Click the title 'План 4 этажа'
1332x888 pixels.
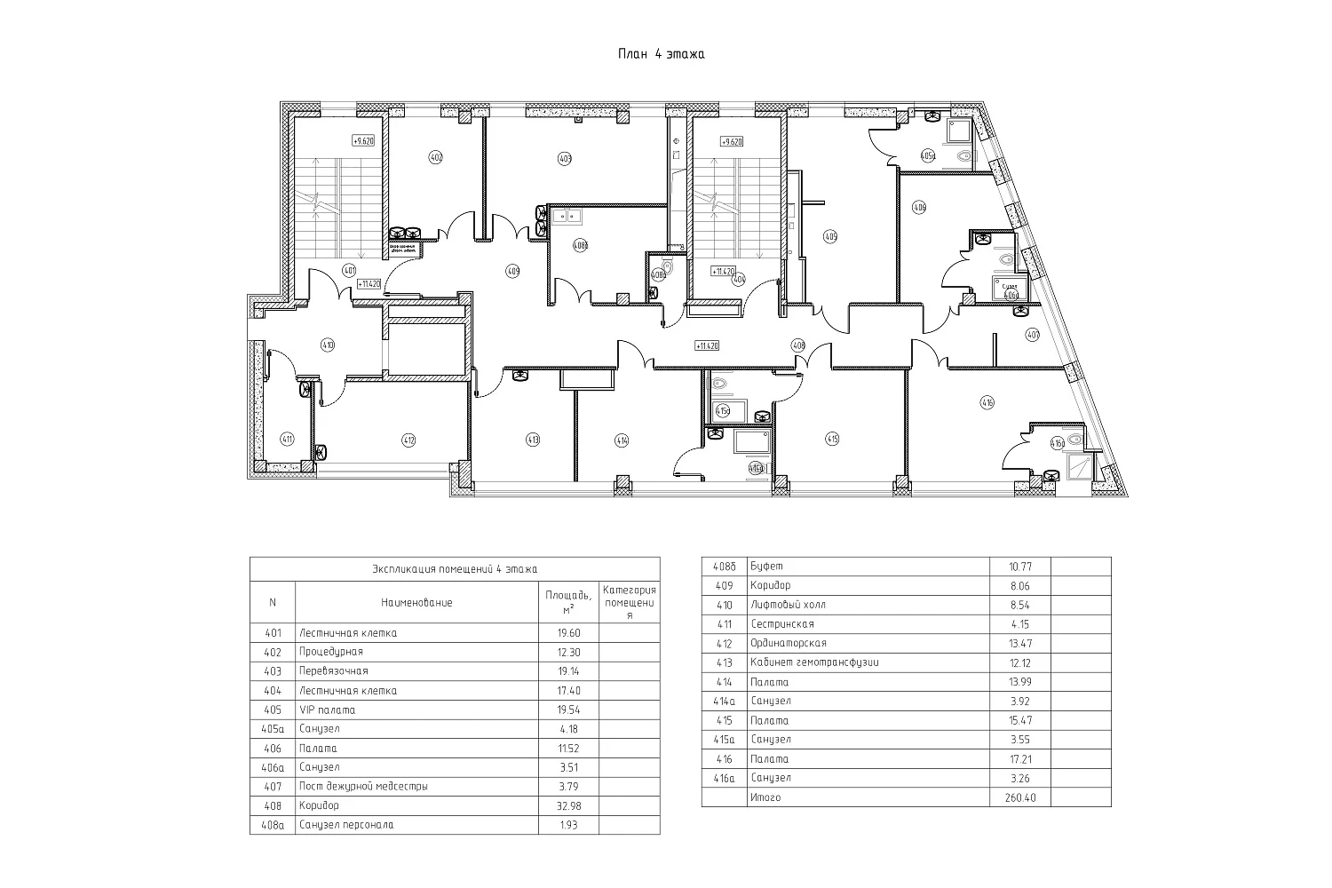click(x=662, y=54)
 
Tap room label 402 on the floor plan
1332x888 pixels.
click(x=435, y=157)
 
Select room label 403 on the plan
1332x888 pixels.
click(x=564, y=159)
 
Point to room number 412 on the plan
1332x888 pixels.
click(x=408, y=439)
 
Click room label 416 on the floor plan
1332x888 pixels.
click(x=987, y=402)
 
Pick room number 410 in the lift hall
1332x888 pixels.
click(x=328, y=345)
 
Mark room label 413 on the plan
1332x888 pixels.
click(x=533, y=439)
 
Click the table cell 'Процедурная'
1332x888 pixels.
click(x=331, y=652)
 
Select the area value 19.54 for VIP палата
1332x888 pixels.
click(x=568, y=710)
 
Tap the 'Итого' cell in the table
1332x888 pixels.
click(x=765, y=797)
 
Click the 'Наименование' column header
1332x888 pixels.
click(x=416, y=602)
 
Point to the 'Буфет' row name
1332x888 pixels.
click(x=766, y=566)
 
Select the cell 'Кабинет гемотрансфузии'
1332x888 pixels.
click(x=814, y=662)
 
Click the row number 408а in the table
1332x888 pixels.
click(x=273, y=825)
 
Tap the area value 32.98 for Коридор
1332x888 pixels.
click(x=568, y=806)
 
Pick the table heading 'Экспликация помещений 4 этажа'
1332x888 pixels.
click(x=455, y=569)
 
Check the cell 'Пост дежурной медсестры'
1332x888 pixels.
click(x=363, y=787)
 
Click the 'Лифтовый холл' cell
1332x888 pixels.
click(x=788, y=605)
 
